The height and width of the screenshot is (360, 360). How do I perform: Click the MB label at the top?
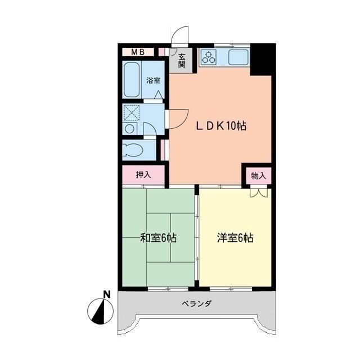point(138,52)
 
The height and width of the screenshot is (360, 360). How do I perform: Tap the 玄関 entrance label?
point(182,59)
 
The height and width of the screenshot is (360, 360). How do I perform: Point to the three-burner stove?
point(209,56)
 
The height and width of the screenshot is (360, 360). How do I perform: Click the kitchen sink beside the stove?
point(236,56)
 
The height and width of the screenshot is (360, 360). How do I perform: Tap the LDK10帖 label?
point(220,126)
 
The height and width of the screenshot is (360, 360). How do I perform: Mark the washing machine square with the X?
point(133,113)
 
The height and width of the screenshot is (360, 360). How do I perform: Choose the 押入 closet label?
point(143,175)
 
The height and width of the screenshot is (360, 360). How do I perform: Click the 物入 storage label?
point(258,175)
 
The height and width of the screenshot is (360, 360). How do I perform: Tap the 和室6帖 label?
point(158,238)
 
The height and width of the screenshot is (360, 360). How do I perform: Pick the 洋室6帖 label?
point(235,238)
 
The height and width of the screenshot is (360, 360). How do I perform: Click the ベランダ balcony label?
point(197,304)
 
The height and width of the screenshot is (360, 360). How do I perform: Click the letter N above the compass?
point(107,294)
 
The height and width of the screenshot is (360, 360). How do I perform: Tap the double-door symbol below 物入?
point(258,192)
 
